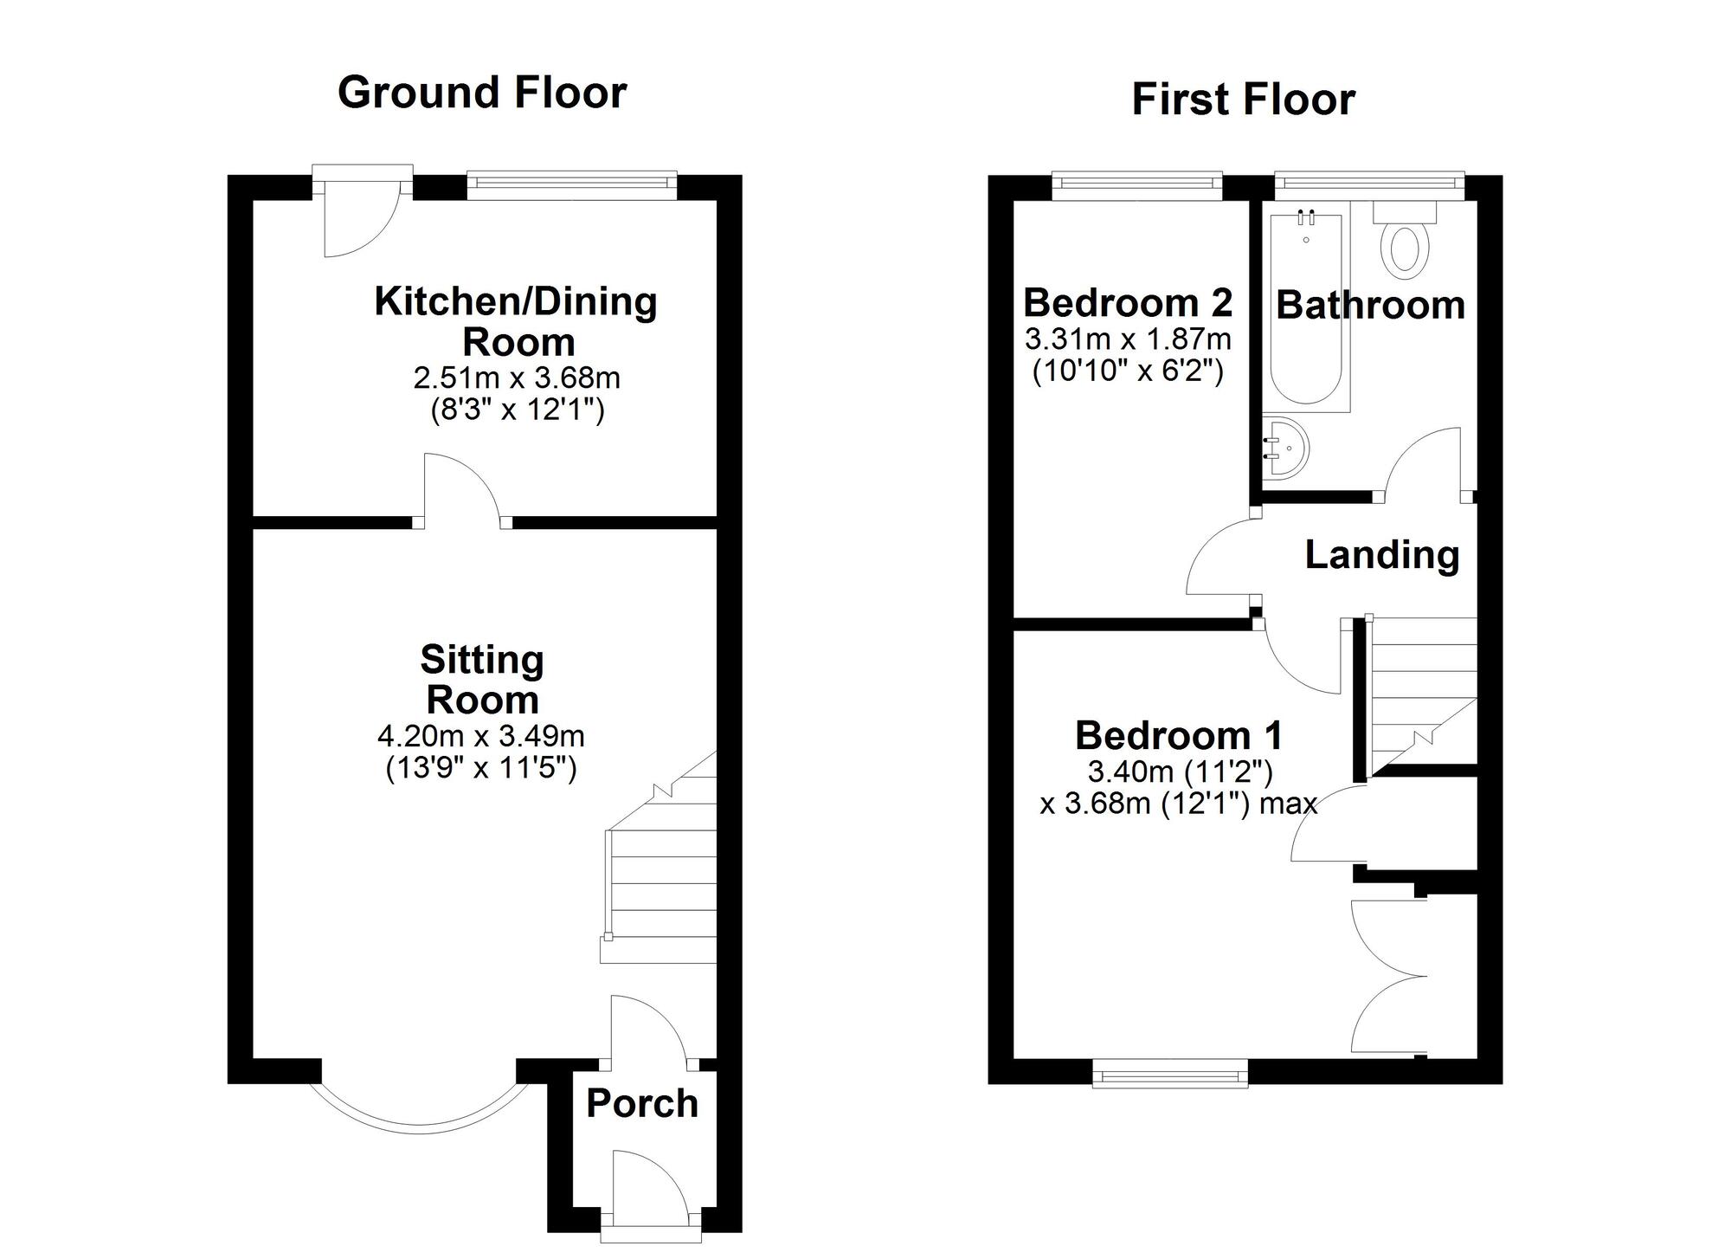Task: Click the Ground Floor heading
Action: click(x=481, y=93)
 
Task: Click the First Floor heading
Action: click(x=1243, y=100)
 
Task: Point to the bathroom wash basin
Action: click(x=1285, y=448)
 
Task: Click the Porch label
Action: click(x=641, y=1104)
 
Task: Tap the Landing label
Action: click(x=1381, y=555)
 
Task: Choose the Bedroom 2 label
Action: click(x=1127, y=303)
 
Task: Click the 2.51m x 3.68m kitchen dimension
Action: click(x=517, y=378)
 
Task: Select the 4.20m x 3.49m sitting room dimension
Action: click(x=481, y=737)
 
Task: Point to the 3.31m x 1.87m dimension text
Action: click(x=1127, y=339)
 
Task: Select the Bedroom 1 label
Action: click(x=1178, y=736)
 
